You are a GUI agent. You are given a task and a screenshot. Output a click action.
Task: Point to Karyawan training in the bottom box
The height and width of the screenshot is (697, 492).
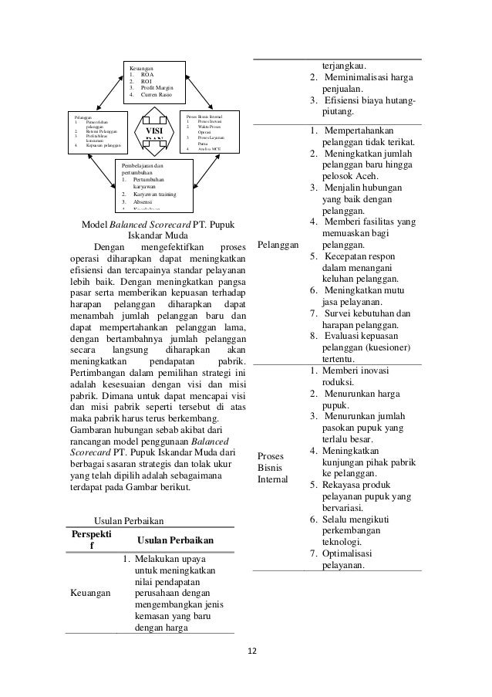(x=157, y=194)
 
